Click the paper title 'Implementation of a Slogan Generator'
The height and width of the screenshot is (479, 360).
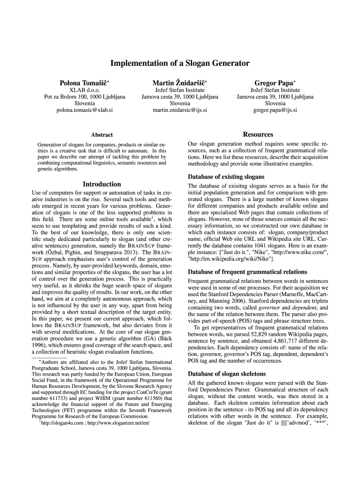point(180,63)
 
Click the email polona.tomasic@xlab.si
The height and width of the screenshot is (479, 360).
point(85,110)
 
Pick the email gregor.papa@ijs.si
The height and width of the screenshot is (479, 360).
point(275,110)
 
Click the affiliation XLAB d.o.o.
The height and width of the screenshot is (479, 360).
point(85,90)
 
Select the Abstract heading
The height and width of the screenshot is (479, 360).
point(101,135)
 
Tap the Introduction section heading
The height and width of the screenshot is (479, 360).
point(101,184)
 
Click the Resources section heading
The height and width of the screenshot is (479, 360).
point(258,135)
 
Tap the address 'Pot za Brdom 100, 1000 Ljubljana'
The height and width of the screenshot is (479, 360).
point(85,97)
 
